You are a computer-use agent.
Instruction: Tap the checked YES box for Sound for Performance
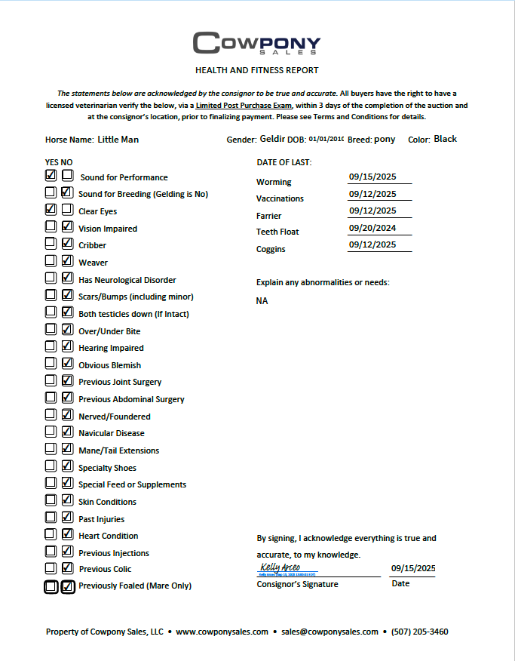[x=51, y=176]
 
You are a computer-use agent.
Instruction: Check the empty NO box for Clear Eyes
[x=67, y=210]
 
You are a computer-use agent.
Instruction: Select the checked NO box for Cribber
[x=67, y=244]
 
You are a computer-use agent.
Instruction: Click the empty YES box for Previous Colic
[x=51, y=568]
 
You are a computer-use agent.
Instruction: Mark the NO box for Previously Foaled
[x=67, y=586]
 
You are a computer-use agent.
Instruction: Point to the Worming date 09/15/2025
[x=372, y=177]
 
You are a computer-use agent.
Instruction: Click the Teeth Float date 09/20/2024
[x=372, y=228]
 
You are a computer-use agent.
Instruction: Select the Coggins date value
[x=372, y=244]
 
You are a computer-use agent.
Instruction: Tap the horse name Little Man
[x=118, y=140]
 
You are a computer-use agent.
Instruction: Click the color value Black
[x=445, y=139]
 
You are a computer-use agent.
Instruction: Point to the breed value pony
[x=385, y=140]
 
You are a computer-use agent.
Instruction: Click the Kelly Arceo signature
[x=280, y=567]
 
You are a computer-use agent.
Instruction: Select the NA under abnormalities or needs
[x=262, y=301]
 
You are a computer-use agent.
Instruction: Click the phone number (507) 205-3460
[x=419, y=632]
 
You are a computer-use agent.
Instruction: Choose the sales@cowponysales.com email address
[x=330, y=632]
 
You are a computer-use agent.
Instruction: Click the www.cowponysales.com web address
[x=222, y=632]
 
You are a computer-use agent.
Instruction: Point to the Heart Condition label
[x=108, y=536]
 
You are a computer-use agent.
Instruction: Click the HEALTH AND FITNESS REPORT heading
[x=256, y=70]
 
